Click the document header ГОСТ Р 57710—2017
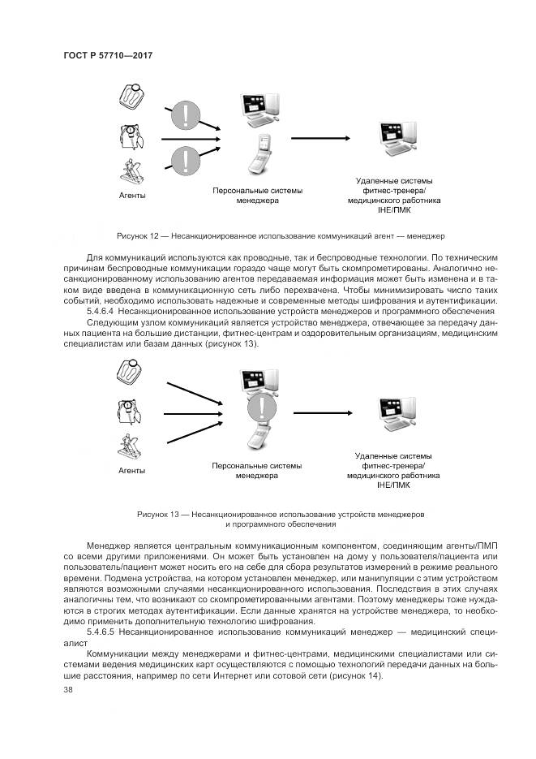click(x=108, y=56)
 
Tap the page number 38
click(x=67, y=689)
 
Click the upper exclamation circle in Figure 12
click(x=187, y=114)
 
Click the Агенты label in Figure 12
click(x=132, y=196)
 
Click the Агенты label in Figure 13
click(x=132, y=470)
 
